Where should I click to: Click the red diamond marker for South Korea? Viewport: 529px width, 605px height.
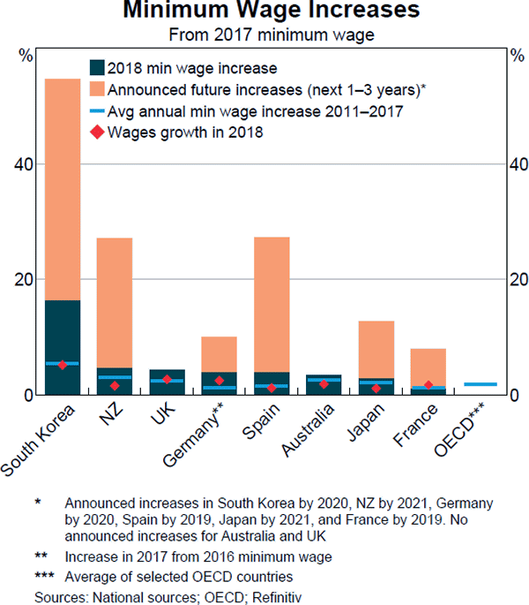coord(63,365)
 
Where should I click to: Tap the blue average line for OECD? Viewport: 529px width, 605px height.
coord(481,384)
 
